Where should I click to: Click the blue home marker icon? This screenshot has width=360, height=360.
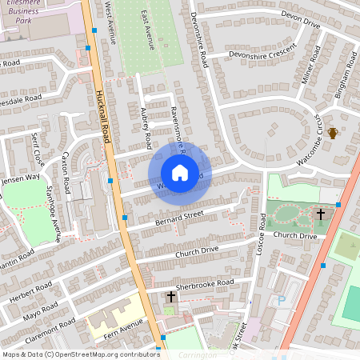[x=180, y=173]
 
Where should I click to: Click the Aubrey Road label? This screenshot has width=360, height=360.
[x=146, y=128]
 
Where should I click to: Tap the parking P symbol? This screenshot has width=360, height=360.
[x=280, y=301]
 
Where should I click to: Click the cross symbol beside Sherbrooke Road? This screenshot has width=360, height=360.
[x=170, y=297]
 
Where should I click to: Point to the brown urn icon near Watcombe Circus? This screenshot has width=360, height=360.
[x=333, y=132]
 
